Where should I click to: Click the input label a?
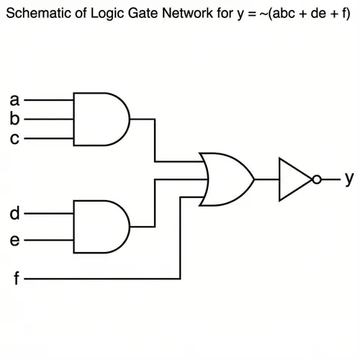14,100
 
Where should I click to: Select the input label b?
14,119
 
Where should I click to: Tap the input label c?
14,139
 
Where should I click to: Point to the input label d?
14,214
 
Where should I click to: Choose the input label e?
14,240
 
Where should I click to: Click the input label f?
16,278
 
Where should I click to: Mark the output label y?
348,178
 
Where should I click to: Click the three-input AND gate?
101,119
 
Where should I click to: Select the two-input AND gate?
101,227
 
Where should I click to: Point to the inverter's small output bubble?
318,179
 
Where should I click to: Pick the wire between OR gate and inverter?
266,179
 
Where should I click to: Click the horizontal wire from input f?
101,278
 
